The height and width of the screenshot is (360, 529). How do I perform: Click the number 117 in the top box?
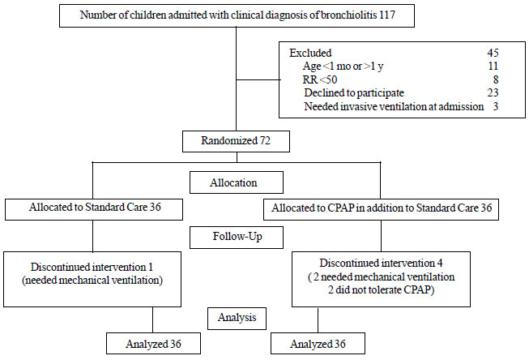point(387,15)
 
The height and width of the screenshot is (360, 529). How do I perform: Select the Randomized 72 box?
point(236,141)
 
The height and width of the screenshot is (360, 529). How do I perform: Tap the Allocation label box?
point(237,182)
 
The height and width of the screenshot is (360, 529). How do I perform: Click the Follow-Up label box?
point(237,237)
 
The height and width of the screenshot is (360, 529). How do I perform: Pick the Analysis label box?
point(237,318)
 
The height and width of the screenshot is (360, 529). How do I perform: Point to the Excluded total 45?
point(493,53)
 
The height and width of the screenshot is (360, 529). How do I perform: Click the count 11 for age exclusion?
point(493,66)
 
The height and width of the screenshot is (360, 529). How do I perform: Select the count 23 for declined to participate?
point(493,92)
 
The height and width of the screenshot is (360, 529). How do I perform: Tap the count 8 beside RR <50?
point(496,79)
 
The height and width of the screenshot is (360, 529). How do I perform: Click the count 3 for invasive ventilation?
point(496,106)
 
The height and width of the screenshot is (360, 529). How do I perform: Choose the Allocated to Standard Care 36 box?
point(94,209)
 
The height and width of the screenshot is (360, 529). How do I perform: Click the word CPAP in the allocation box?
point(340,208)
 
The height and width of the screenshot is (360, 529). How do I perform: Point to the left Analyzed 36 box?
point(153,344)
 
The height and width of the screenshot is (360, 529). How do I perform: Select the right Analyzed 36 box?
point(318,344)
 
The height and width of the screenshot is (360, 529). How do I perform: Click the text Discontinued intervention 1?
point(92,267)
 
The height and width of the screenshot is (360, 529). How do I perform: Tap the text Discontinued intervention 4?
point(381,263)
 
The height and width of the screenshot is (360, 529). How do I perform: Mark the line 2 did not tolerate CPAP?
point(381,289)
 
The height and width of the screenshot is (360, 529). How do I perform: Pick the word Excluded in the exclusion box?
point(310,53)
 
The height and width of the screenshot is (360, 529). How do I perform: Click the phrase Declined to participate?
point(354,93)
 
